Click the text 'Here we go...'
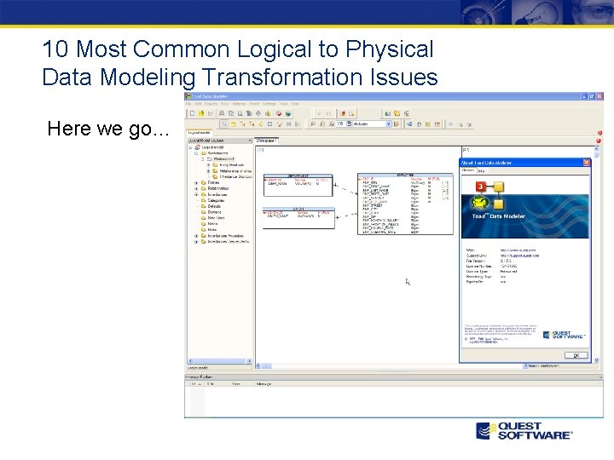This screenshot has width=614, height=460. pyautogui.click(x=108, y=129)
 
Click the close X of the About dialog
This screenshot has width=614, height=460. pyautogui.click(x=586, y=162)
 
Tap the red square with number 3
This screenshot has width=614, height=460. pyautogui.click(x=481, y=186)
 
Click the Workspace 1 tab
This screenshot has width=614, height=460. pyautogui.click(x=266, y=141)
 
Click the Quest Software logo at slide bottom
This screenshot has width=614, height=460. pyautogui.click(x=524, y=430)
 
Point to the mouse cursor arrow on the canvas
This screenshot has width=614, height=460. pyautogui.click(x=408, y=282)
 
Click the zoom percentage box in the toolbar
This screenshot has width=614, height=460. pyautogui.click(x=343, y=124)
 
